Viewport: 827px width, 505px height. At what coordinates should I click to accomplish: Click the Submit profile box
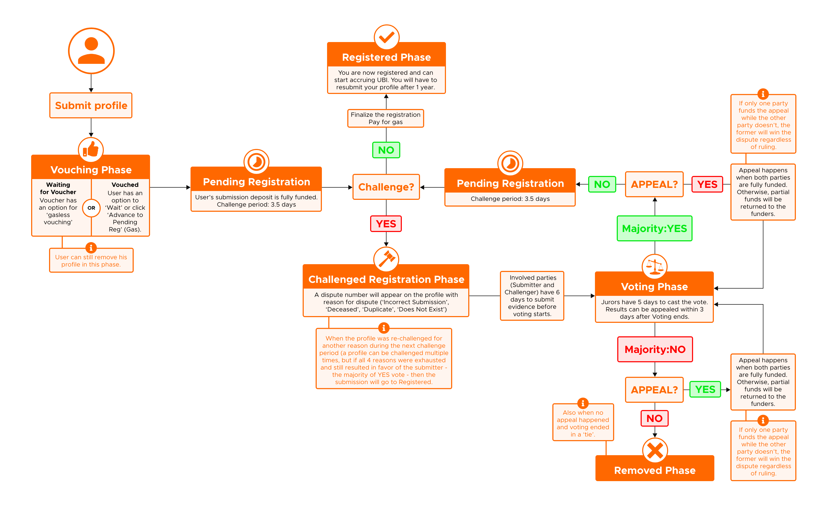(x=91, y=105)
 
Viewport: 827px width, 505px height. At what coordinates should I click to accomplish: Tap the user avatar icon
(x=91, y=51)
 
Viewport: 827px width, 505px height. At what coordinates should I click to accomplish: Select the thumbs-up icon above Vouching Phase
(x=91, y=150)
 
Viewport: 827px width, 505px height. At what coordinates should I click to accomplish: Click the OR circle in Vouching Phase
(x=91, y=208)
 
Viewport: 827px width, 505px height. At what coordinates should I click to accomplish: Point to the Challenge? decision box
(x=386, y=187)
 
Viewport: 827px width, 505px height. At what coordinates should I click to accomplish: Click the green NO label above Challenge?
(x=386, y=150)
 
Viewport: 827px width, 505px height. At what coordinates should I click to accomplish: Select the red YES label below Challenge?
(x=386, y=224)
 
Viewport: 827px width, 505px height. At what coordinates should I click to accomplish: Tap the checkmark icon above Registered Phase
(x=387, y=37)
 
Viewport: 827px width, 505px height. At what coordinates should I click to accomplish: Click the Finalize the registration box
(x=386, y=118)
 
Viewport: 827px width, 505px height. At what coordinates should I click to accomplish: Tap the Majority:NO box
(x=655, y=349)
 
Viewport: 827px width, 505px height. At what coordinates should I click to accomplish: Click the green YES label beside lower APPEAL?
(x=705, y=390)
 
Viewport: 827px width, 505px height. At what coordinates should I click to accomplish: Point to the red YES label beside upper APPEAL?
(x=707, y=184)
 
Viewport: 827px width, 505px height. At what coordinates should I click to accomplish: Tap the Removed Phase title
(x=655, y=470)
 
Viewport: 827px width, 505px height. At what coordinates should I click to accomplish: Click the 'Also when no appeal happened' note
(x=583, y=423)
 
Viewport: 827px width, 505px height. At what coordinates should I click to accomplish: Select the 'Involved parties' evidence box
(x=532, y=296)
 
